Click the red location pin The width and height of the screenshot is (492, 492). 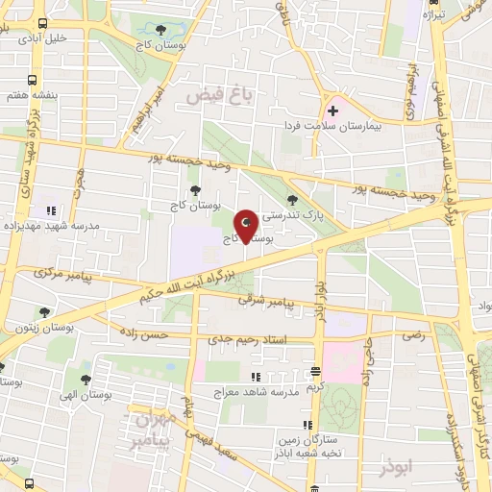247,224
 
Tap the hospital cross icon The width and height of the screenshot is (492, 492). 333,111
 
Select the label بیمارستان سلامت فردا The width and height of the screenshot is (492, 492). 332,126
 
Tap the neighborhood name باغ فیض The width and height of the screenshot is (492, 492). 210,96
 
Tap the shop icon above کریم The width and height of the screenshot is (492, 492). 314,371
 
